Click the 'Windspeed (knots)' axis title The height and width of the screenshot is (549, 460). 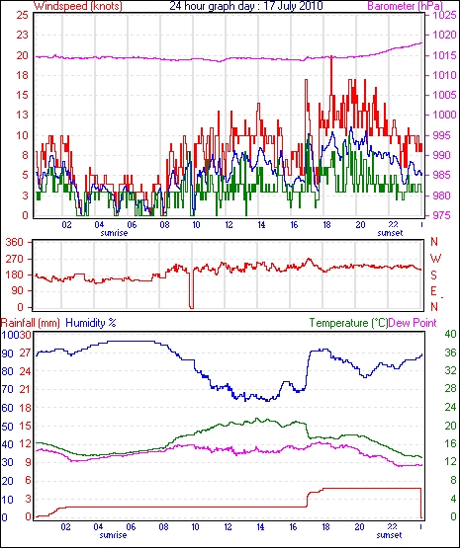coord(78,6)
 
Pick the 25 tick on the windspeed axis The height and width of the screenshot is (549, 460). coord(22,16)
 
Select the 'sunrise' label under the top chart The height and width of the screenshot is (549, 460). coord(114,233)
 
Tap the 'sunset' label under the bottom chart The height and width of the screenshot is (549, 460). coord(389,535)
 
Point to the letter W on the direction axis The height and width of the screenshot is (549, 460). coord(435,259)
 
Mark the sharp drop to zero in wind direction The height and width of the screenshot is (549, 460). coord(191,290)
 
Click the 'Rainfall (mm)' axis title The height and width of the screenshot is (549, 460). coord(31,323)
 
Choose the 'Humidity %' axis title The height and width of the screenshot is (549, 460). coord(91,323)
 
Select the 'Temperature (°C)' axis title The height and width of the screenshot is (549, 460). coord(349,323)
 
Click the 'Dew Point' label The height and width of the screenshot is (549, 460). coord(413,323)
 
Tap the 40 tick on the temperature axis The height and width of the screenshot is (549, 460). coord(450,335)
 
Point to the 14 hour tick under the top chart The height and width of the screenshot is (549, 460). coord(261,225)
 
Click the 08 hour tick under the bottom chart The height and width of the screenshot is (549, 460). coord(163,527)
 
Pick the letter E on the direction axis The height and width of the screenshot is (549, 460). coord(434,291)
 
